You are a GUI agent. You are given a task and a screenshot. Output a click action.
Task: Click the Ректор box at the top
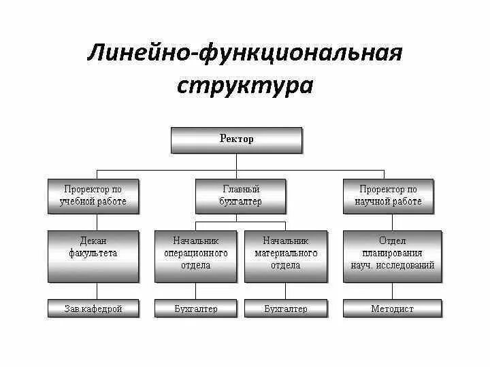point(236,140)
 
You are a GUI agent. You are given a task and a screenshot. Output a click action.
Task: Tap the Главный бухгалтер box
point(241,196)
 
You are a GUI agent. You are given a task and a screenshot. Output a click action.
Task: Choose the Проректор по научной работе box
point(388,196)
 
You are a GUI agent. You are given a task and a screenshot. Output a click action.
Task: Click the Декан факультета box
point(93,256)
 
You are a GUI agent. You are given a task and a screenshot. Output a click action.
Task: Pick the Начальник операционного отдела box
point(196,256)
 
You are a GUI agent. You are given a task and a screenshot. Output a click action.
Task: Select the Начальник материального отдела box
point(285,256)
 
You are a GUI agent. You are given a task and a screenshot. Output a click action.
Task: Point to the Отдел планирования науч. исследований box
point(393,256)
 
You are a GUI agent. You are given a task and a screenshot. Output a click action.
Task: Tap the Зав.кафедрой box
point(93,309)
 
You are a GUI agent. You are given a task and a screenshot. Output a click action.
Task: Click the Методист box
point(393,309)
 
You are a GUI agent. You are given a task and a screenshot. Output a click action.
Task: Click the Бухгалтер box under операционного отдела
point(196,309)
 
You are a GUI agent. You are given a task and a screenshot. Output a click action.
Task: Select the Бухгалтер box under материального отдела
point(285,309)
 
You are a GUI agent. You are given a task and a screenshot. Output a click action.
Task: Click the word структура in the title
point(245,86)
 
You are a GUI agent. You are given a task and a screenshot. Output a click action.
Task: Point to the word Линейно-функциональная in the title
point(245,53)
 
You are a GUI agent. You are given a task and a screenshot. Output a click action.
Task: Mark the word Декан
point(93,241)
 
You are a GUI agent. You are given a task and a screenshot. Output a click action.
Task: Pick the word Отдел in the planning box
point(393,241)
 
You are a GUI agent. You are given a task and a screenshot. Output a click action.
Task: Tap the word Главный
point(241,190)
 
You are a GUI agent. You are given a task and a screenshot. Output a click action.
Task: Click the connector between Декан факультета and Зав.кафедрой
point(94,291)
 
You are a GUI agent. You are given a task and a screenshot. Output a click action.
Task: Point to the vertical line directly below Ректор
point(236,161)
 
